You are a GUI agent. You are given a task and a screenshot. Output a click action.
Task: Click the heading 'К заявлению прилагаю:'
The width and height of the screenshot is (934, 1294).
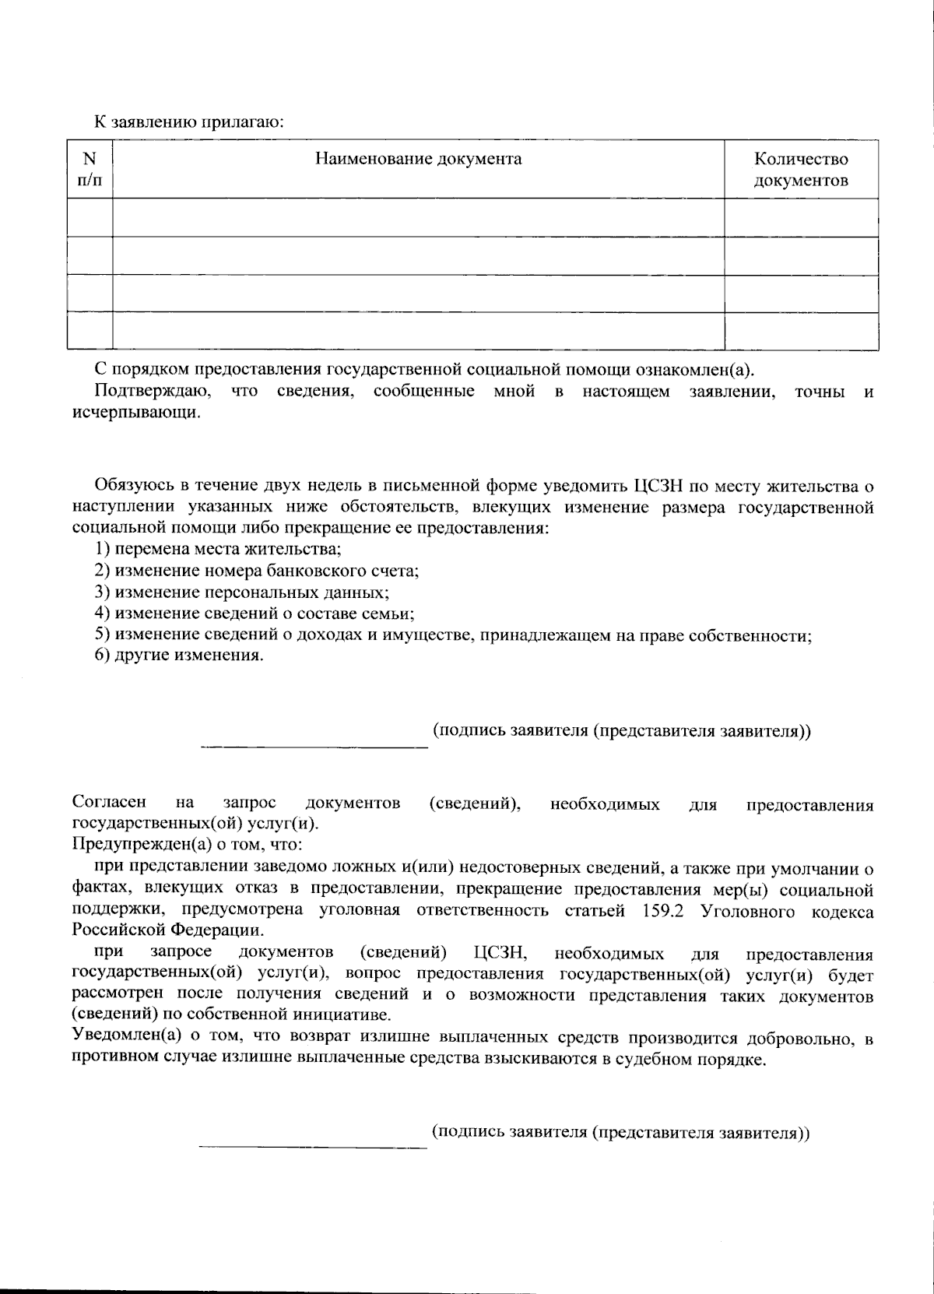tap(189, 122)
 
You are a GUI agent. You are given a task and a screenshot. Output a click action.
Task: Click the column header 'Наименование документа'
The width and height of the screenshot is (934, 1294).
tap(418, 160)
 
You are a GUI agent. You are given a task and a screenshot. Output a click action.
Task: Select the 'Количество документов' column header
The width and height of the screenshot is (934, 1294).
tap(801, 170)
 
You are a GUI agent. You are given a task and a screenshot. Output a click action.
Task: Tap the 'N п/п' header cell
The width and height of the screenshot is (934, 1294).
tap(90, 170)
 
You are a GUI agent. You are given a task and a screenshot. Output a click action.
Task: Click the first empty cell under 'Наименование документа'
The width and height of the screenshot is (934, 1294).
tap(418, 217)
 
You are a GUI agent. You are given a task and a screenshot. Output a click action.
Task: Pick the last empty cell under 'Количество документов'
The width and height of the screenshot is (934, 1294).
tap(801, 331)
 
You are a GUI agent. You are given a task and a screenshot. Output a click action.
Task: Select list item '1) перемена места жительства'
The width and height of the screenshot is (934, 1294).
tap(218, 549)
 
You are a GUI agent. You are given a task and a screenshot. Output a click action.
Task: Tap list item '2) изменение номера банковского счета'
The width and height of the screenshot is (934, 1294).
tap(257, 571)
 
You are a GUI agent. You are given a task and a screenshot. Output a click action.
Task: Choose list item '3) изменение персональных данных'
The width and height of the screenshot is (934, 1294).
tap(242, 592)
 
